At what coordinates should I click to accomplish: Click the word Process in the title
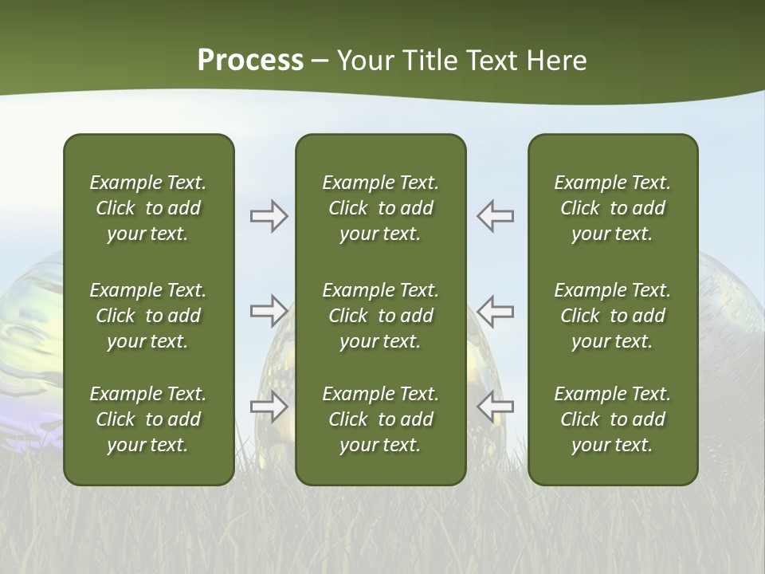tap(250, 61)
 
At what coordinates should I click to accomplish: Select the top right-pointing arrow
tap(269, 216)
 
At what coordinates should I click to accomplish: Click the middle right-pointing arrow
tap(269, 311)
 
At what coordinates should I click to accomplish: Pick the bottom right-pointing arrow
tap(269, 407)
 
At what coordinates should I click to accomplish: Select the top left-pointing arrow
tap(496, 216)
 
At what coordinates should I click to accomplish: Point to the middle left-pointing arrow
tap(496, 311)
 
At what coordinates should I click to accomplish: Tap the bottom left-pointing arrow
tap(496, 407)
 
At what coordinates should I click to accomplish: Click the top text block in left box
tap(148, 208)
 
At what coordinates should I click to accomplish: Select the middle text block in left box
tap(148, 316)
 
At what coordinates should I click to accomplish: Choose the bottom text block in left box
tap(148, 419)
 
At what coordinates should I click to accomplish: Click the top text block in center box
tap(381, 208)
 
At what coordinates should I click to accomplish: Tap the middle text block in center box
tap(381, 316)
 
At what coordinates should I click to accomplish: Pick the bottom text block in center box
tap(381, 419)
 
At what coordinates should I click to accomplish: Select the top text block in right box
tap(613, 208)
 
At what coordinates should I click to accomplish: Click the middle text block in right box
tap(613, 316)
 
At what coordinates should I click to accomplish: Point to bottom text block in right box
tap(613, 419)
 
